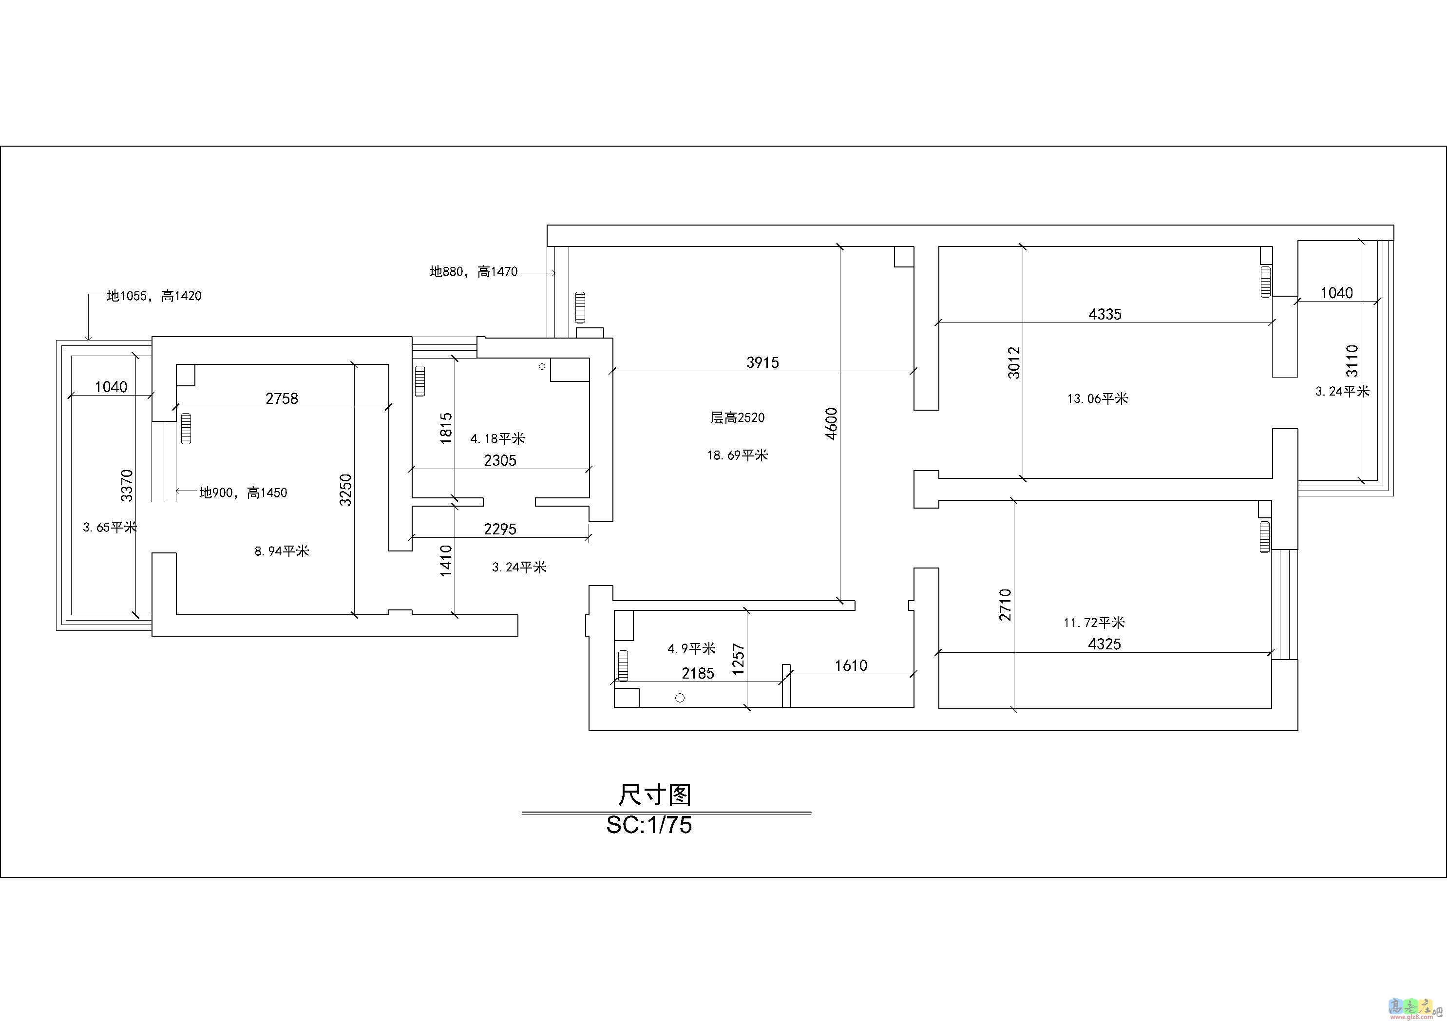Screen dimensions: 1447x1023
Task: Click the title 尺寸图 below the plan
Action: tap(654, 795)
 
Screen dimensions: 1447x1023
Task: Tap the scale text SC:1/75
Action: tap(649, 825)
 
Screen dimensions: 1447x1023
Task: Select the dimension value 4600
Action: tap(831, 424)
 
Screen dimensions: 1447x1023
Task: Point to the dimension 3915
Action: tap(762, 362)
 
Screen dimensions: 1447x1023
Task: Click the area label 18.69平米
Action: tap(737, 455)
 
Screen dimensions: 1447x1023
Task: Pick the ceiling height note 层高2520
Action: tap(737, 417)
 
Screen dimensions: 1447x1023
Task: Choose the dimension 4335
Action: tap(1105, 314)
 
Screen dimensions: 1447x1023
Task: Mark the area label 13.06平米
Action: tap(1097, 398)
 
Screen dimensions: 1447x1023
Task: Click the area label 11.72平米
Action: tap(1094, 623)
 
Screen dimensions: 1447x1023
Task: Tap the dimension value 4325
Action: tap(1104, 644)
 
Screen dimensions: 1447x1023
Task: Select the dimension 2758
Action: tap(282, 398)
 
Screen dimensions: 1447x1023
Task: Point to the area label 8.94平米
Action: tap(282, 551)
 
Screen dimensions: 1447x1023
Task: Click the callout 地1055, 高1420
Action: tap(154, 296)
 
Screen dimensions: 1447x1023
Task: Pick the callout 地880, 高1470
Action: tap(473, 272)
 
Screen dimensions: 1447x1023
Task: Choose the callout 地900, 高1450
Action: tap(243, 493)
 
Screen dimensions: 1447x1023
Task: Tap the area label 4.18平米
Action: tap(498, 438)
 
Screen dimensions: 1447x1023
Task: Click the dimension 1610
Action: tap(851, 665)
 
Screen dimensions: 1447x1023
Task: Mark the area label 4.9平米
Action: tap(691, 648)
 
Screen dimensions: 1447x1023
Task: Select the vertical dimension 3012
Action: tap(1013, 362)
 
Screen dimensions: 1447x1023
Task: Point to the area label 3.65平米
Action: tap(110, 527)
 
